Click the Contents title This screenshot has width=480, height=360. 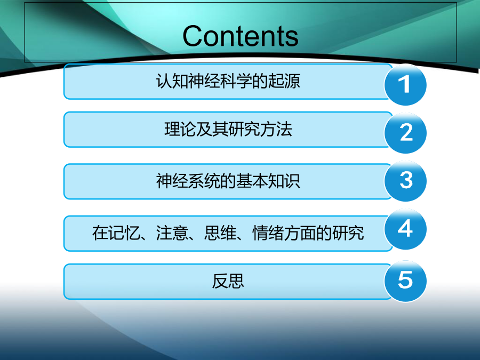pyautogui.click(x=241, y=36)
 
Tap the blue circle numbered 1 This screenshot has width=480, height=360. pyautogui.click(x=405, y=84)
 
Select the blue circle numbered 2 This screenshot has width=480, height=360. pyautogui.click(x=405, y=133)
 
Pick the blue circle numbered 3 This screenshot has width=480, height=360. pyautogui.click(x=405, y=181)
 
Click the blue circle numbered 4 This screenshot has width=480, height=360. pyautogui.click(x=405, y=229)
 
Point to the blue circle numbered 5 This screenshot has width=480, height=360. pyautogui.click(x=405, y=281)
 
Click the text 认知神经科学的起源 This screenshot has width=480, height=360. pyautogui.click(x=228, y=82)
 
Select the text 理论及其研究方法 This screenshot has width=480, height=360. pyautogui.click(x=228, y=129)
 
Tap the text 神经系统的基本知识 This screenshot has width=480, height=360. pyautogui.click(x=228, y=181)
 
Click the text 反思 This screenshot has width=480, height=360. pyautogui.click(x=228, y=281)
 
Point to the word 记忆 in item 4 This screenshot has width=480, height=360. pyautogui.click(x=124, y=233)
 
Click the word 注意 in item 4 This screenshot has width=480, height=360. pyautogui.click(x=172, y=233)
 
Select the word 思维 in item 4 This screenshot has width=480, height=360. pyautogui.click(x=220, y=233)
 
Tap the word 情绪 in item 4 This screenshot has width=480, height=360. pyautogui.click(x=268, y=233)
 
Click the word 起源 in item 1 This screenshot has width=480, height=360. pyautogui.click(x=284, y=82)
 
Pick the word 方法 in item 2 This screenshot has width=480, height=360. pyautogui.click(x=276, y=129)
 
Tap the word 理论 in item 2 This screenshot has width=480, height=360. pyautogui.click(x=180, y=129)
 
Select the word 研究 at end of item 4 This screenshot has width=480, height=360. pyautogui.click(x=348, y=233)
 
